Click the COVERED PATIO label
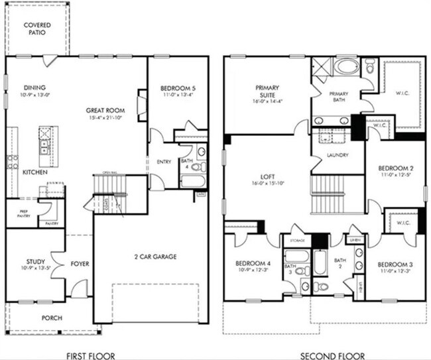38,29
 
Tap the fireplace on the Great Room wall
140,104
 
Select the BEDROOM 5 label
178,88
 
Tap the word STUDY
36,262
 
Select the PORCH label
51,318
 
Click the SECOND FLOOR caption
326,353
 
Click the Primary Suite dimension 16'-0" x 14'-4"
267,101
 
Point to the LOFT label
267,178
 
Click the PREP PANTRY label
19,215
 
